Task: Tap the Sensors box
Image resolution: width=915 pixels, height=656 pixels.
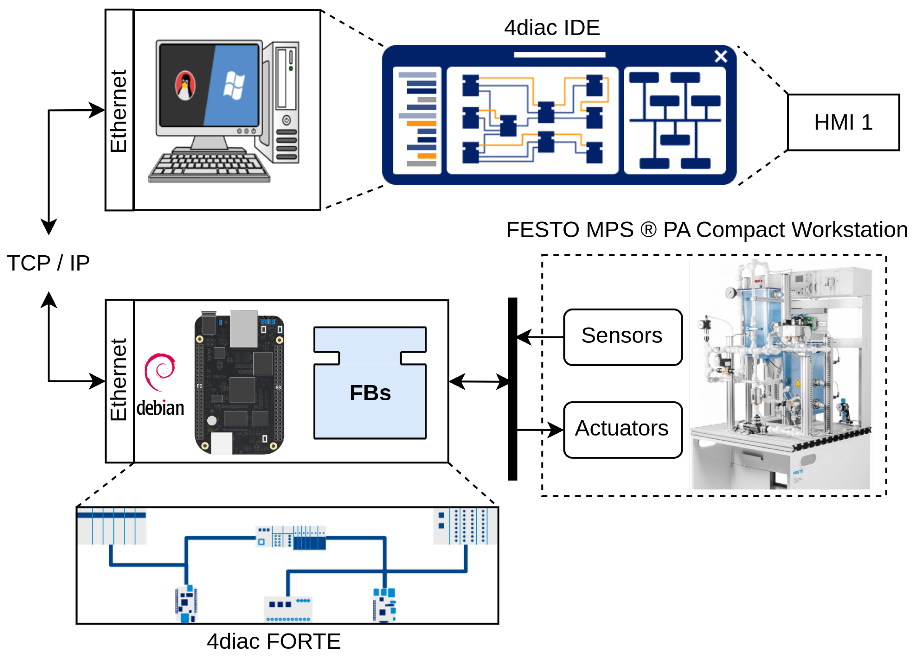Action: point(623,337)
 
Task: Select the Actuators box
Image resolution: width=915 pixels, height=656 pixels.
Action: point(623,430)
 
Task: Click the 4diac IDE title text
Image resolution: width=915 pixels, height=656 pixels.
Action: point(551,28)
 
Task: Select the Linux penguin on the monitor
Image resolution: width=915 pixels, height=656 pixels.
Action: point(185,86)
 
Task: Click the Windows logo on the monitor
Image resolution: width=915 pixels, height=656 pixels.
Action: point(234,86)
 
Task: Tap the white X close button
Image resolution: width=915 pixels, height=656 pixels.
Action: point(721,56)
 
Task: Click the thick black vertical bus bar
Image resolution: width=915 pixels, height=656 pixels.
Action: point(512,389)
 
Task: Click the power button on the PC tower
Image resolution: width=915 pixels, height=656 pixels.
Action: point(286,120)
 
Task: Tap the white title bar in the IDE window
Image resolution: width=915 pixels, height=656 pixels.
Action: point(559,55)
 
